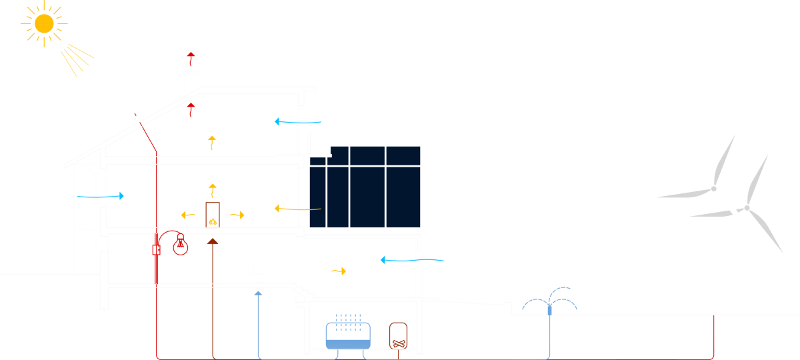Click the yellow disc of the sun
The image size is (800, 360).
pyautogui.click(x=44, y=24)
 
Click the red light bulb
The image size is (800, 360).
pyautogui.click(x=180, y=245)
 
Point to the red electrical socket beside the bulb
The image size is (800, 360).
pyautogui.click(x=157, y=249)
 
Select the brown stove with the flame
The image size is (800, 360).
pyautogui.click(x=213, y=215)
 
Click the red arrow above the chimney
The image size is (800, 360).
pyautogui.click(x=191, y=56)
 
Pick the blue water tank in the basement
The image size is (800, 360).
pyautogui.click(x=347, y=335)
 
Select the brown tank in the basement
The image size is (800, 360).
pyautogui.click(x=398, y=335)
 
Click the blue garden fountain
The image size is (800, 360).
pyautogui.click(x=550, y=303)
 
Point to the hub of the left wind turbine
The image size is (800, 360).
pyautogui.click(x=713, y=189)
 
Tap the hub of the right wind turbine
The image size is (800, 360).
pyautogui.click(x=746, y=208)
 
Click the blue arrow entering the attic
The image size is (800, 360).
pyautogui.click(x=297, y=122)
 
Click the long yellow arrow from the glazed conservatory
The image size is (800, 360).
pyautogui.click(x=297, y=209)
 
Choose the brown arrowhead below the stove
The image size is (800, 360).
pyautogui.click(x=213, y=241)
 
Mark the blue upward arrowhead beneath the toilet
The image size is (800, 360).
pyautogui.click(x=259, y=293)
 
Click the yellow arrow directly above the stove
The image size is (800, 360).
pyautogui.click(x=213, y=189)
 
